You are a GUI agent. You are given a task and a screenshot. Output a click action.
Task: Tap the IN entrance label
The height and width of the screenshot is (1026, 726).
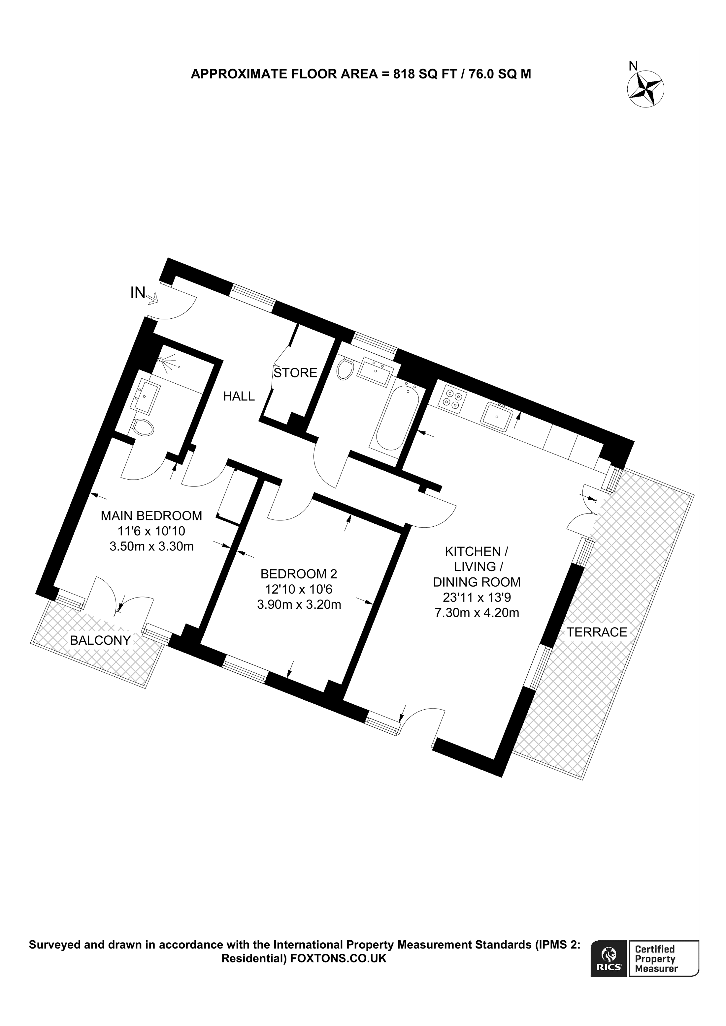click(x=138, y=293)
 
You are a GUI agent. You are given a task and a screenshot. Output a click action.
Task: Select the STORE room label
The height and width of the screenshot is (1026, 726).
click(x=295, y=373)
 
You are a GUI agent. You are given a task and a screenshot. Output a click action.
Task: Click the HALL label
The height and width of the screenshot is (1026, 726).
click(x=239, y=396)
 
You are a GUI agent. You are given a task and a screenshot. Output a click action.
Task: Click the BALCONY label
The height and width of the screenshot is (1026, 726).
click(x=100, y=640)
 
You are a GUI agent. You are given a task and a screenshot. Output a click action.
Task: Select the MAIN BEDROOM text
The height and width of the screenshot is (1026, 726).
click(x=151, y=516)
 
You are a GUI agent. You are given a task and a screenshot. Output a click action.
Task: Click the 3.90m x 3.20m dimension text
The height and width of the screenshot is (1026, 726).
click(x=299, y=604)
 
